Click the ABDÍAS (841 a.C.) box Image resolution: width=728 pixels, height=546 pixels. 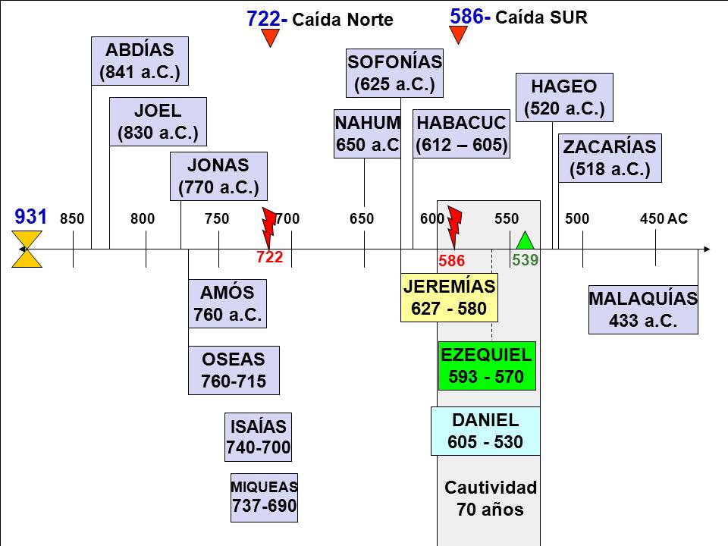(140, 61)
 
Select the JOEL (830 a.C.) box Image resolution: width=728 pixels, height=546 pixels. (158, 121)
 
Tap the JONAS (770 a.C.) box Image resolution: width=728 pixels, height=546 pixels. (218, 175)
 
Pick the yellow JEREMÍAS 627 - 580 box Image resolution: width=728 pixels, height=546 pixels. (449, 297)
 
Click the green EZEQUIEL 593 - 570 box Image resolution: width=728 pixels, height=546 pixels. (486, 366)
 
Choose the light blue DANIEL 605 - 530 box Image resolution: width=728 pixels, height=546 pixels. (485, 431)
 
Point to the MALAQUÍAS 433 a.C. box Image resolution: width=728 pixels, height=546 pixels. (643, 309)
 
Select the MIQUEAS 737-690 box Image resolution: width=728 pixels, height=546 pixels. (264, 497)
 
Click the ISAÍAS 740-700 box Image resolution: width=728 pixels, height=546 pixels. (259, 438)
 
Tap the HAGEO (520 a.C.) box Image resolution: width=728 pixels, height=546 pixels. (564, 97)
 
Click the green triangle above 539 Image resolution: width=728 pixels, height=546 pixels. (524, 240)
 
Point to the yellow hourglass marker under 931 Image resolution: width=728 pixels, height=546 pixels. (27, 249)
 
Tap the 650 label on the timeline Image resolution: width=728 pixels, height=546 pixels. (362, 219)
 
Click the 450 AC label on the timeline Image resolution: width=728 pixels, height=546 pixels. (664, 219)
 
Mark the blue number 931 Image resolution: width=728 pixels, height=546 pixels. (31, 217)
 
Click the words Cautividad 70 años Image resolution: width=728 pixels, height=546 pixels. (490, 498)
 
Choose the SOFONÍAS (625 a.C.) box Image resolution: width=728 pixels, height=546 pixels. (394, 73)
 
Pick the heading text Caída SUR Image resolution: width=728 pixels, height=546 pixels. (541, 17)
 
